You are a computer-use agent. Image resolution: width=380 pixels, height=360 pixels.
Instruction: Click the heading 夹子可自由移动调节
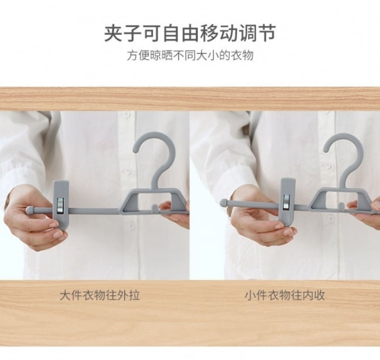(x=190, y=34)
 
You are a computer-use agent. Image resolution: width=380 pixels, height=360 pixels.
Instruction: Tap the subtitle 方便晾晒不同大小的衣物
(x=190, y=56)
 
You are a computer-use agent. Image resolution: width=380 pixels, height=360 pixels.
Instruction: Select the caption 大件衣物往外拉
(x=100, y=296)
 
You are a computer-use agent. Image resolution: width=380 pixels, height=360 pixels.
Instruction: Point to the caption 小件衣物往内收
(x=285, y=296)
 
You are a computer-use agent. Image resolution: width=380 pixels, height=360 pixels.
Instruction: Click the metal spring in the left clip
(x=60, y=205)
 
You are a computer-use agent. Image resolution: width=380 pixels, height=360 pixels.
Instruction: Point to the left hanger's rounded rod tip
(x=30, y=210)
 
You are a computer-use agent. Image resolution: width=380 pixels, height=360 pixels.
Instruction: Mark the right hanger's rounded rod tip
(x=223, y=203)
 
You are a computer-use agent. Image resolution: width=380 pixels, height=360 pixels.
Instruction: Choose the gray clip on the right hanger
(x=289, y=202)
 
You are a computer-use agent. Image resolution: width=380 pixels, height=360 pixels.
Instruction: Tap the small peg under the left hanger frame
(x=154, y=209)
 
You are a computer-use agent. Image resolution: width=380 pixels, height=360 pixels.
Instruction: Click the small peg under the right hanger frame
(x=341, y=207)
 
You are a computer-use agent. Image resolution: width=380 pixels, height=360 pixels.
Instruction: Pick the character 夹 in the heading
(x=113, y=34)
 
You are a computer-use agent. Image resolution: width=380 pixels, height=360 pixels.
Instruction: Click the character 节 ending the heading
(x=267, y=34)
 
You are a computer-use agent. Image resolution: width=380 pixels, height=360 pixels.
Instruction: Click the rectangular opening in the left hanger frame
(x=155, y=199)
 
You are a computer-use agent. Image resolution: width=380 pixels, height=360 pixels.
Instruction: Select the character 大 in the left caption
(x=65, y=296)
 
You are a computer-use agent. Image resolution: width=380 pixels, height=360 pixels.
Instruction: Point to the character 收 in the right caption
(x=319, y=296)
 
